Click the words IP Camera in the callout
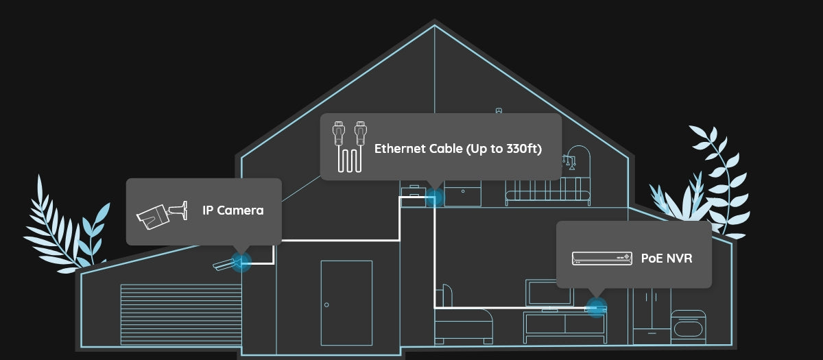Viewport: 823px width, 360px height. [232, 211]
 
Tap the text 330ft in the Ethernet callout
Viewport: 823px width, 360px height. [524, 149]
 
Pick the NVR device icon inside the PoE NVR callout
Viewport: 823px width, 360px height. [601, 258]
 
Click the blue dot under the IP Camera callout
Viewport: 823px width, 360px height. [240, 261]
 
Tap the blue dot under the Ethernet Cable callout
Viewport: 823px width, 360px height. [434, 198]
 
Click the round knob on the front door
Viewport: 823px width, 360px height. [326, 304]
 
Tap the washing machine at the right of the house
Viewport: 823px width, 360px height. [688, 327]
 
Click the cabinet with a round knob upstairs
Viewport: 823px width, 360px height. [463, 195]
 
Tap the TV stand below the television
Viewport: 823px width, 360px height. [564, 328]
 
